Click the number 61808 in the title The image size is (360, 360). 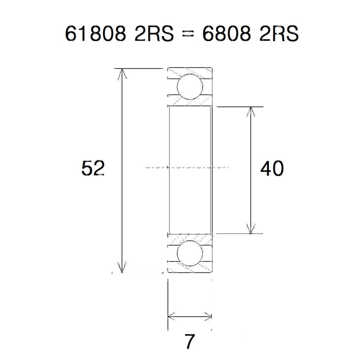click(96, 34)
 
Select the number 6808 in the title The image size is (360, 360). click(227, 34)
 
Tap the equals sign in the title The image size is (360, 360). click(188, 34)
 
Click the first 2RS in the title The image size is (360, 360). click(154, 34)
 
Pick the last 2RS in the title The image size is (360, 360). click(279, 34)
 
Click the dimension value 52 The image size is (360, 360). click(93, 168)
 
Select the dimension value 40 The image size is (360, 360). click(272, 168)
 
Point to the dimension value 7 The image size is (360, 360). click(189, 341)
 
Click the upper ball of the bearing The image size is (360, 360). click(190, 86)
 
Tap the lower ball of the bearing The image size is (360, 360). click(190, 253)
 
